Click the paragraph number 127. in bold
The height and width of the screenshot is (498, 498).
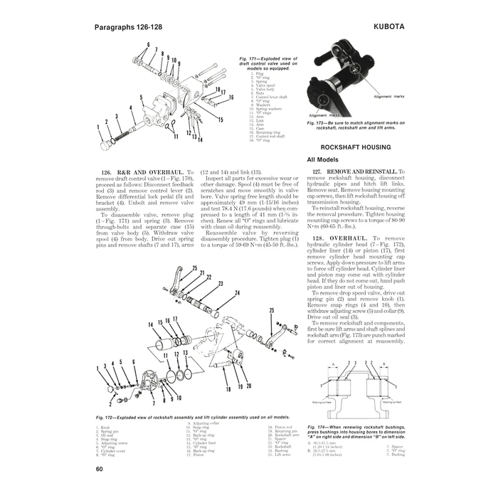[x=318, y=172]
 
